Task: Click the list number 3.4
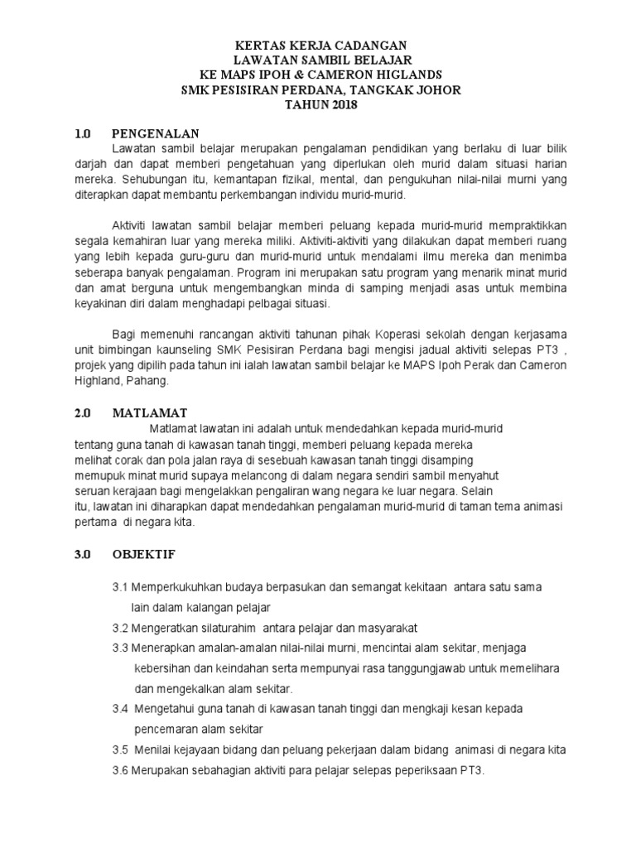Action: click(121, 710)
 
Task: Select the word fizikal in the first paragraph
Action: click(312, 178)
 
